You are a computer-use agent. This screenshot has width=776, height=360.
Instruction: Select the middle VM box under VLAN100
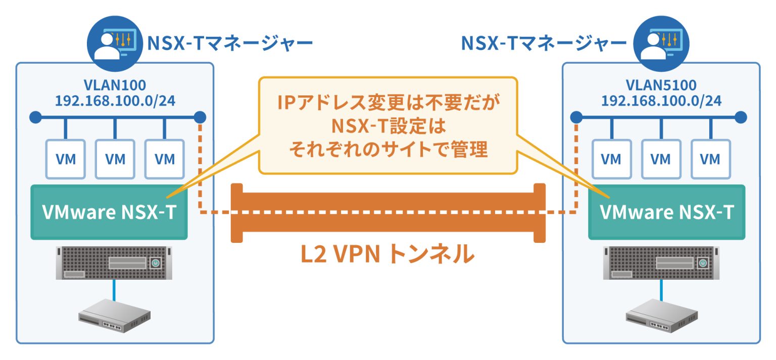(115, 159)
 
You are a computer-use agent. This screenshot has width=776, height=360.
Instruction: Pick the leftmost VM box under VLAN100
(66, 159)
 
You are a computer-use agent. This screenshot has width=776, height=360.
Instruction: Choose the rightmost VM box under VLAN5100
(710, 159)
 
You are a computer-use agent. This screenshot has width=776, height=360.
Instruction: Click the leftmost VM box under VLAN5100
(611, 159)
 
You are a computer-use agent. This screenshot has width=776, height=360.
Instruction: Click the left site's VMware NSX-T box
(109, 212)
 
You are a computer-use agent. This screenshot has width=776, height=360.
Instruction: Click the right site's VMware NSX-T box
(667, 212)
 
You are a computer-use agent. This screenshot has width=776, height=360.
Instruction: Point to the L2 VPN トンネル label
(387, 255)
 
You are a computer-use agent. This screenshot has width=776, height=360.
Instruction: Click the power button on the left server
(156, 263)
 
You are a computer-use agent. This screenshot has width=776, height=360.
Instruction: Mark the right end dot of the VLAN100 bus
(200, 118)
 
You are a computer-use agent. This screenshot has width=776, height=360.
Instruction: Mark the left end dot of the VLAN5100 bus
(575, 118)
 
